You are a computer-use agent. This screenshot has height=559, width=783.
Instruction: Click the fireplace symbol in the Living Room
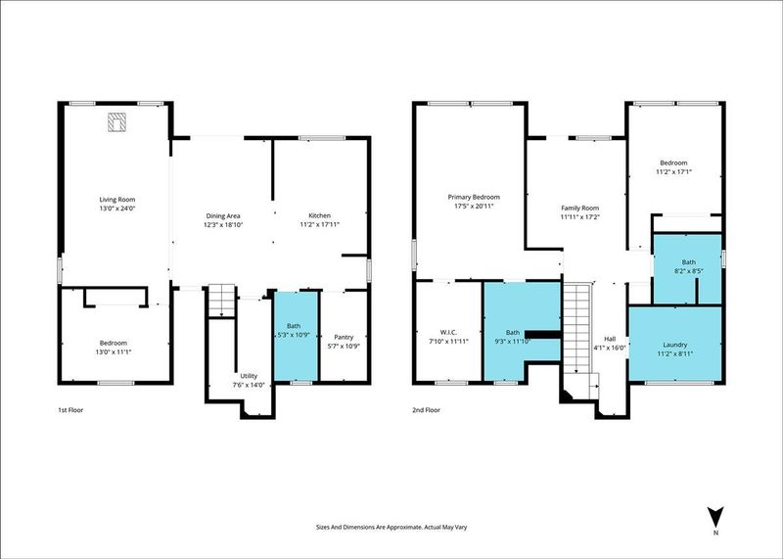[116, 122]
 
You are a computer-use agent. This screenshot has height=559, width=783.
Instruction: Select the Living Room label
[116, 200]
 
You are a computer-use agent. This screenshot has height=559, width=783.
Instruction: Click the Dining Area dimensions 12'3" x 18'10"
[223, 225]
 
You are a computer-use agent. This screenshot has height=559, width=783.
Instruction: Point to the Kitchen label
[320, 215]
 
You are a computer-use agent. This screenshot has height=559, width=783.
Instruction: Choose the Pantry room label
[344, 337]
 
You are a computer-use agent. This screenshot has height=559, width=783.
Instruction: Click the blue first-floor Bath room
[297, 336]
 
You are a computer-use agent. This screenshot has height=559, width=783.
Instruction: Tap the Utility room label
[249, 376]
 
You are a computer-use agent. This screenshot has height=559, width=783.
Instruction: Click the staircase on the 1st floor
[221, 301]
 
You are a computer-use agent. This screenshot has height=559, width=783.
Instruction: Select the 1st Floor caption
[70, 410]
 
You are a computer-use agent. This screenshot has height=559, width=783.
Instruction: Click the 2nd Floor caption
[426, 410]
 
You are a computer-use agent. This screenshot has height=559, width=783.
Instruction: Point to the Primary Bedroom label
[474, 197]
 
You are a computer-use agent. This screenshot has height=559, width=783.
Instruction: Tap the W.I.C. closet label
[448, 332]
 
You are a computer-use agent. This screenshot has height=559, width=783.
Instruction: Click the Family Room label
[579, 208]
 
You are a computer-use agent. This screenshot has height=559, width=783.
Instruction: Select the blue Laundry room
[675, 344]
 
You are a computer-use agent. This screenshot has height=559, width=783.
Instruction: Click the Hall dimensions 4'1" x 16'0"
[609, 348]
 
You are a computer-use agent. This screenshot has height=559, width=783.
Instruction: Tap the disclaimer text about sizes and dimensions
[391, 527]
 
